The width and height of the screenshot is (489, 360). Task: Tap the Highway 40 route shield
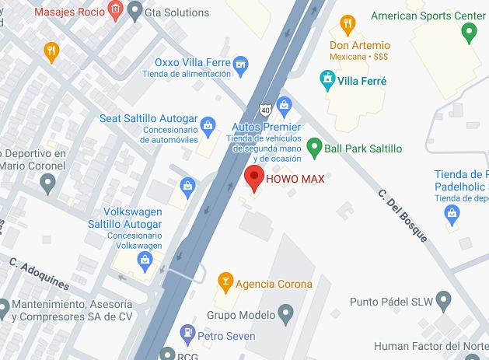266,109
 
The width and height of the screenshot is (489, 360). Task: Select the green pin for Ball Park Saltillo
314,146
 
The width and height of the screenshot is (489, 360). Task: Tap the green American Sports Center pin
469,33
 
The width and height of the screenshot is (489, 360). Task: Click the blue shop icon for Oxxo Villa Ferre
240,61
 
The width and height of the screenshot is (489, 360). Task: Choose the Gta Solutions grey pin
136,10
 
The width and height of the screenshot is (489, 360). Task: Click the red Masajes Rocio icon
115,10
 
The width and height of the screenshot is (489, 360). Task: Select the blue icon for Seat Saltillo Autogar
208,125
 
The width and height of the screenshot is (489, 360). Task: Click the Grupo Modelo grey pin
285,314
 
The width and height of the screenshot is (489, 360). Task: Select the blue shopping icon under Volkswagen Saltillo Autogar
145,260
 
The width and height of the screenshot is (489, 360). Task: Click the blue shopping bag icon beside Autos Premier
284,104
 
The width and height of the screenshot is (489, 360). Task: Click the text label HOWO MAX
295,178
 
